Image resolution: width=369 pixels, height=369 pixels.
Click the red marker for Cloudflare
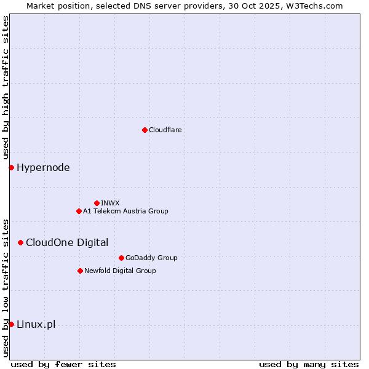point(145,130)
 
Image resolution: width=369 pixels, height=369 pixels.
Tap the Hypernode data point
point(11,167)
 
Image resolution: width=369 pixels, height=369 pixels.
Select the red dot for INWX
point(97,203)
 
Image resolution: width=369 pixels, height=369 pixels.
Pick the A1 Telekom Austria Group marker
point(79,211)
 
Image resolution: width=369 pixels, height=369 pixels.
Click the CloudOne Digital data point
point(20,242)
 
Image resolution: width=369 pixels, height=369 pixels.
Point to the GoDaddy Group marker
point(121,258)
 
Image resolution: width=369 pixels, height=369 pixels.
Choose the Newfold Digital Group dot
point(80,271)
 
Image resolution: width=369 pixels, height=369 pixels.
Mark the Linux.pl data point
point(11,324)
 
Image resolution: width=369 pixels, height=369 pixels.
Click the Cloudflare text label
point(165,130)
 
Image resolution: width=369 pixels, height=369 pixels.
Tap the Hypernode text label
point(43,167)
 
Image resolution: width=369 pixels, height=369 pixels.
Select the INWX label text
point(110,203)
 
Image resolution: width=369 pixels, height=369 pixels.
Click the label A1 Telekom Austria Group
point(125,211)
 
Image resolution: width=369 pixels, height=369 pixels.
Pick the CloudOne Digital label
point(67,242)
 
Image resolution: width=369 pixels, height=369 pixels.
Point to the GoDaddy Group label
point(151,258)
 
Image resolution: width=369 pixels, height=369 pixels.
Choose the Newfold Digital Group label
point(120,271)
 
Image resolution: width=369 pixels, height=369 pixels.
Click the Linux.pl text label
point(36,324)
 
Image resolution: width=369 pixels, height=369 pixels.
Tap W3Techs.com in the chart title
point(317,6)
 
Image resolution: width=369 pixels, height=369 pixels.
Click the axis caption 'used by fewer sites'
point(63,364)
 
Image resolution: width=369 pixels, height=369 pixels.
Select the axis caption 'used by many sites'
point(309,364)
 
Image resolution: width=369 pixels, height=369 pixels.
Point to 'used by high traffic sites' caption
point(6,87)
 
